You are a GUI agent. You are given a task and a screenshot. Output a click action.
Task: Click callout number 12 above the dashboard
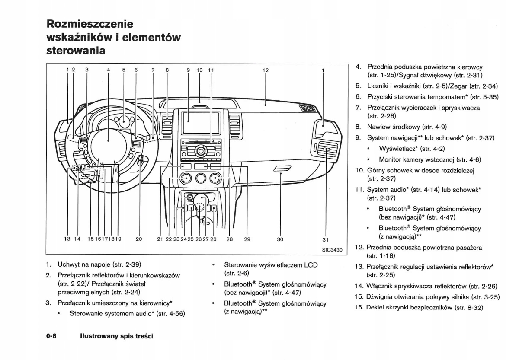pyautogui.click(x=266, y=70)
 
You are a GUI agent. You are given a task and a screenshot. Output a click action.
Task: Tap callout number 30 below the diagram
pyautogui.click(x=280, y=239)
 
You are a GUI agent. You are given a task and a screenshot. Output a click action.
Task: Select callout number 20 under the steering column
pyautogui.click(x=139, y=239)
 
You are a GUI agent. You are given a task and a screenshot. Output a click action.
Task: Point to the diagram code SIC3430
pyautogui.click(x=332, y=249)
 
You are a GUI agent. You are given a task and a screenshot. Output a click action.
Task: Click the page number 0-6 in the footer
pyautogui.click(x=52, y=336)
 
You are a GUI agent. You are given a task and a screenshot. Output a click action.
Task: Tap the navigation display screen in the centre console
pyautogui.click(x=199, y=123)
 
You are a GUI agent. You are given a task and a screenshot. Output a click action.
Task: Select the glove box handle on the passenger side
pyautogui.click(x=283, y=168)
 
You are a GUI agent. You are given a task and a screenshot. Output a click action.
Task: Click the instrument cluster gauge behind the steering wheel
pyautogui.click(x=125, y=121)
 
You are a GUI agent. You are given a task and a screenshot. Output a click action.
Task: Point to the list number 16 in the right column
pyautogui.click(x=359, y=307)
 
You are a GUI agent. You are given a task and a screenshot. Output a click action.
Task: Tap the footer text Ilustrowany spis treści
pyautogui.click(x=117, y=336)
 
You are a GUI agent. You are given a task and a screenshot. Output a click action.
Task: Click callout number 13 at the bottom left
pyautogui.click(x=67, y=239)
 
